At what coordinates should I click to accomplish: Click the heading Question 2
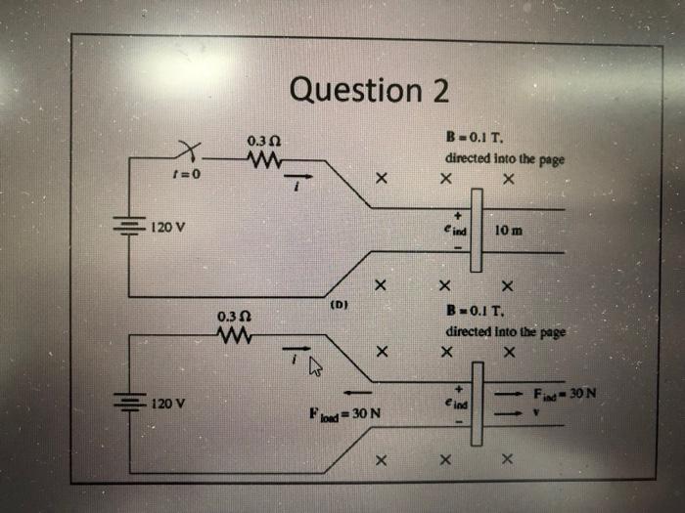tap(370, 90)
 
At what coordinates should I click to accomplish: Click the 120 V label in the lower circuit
tap(171, 402)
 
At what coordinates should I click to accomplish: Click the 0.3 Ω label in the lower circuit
tap(231, 318)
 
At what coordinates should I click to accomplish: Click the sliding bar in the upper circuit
tap(477, 231)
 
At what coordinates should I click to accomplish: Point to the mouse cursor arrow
tap(315, 367)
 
